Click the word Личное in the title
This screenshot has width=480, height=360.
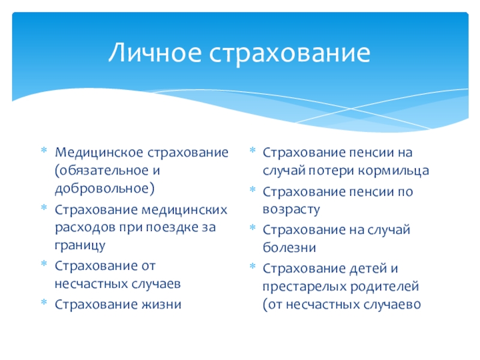pos(155,52)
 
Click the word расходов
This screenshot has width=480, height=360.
pos(85,228)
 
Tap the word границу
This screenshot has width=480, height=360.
pos(80,245)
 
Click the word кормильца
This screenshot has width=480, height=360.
pos(394,171)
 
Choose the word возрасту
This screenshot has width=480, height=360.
pos(291,209)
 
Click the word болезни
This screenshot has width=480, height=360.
pos(289,247)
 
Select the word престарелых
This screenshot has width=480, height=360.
pos(305,287)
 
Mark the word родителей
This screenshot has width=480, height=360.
pos(384,287)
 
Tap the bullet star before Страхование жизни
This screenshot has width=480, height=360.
pos(44,302)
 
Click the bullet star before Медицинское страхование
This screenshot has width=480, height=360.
pos(44,150)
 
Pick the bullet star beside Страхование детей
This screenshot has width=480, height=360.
pos(253,266)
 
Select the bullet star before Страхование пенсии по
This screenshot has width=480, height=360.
pos(253,189)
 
